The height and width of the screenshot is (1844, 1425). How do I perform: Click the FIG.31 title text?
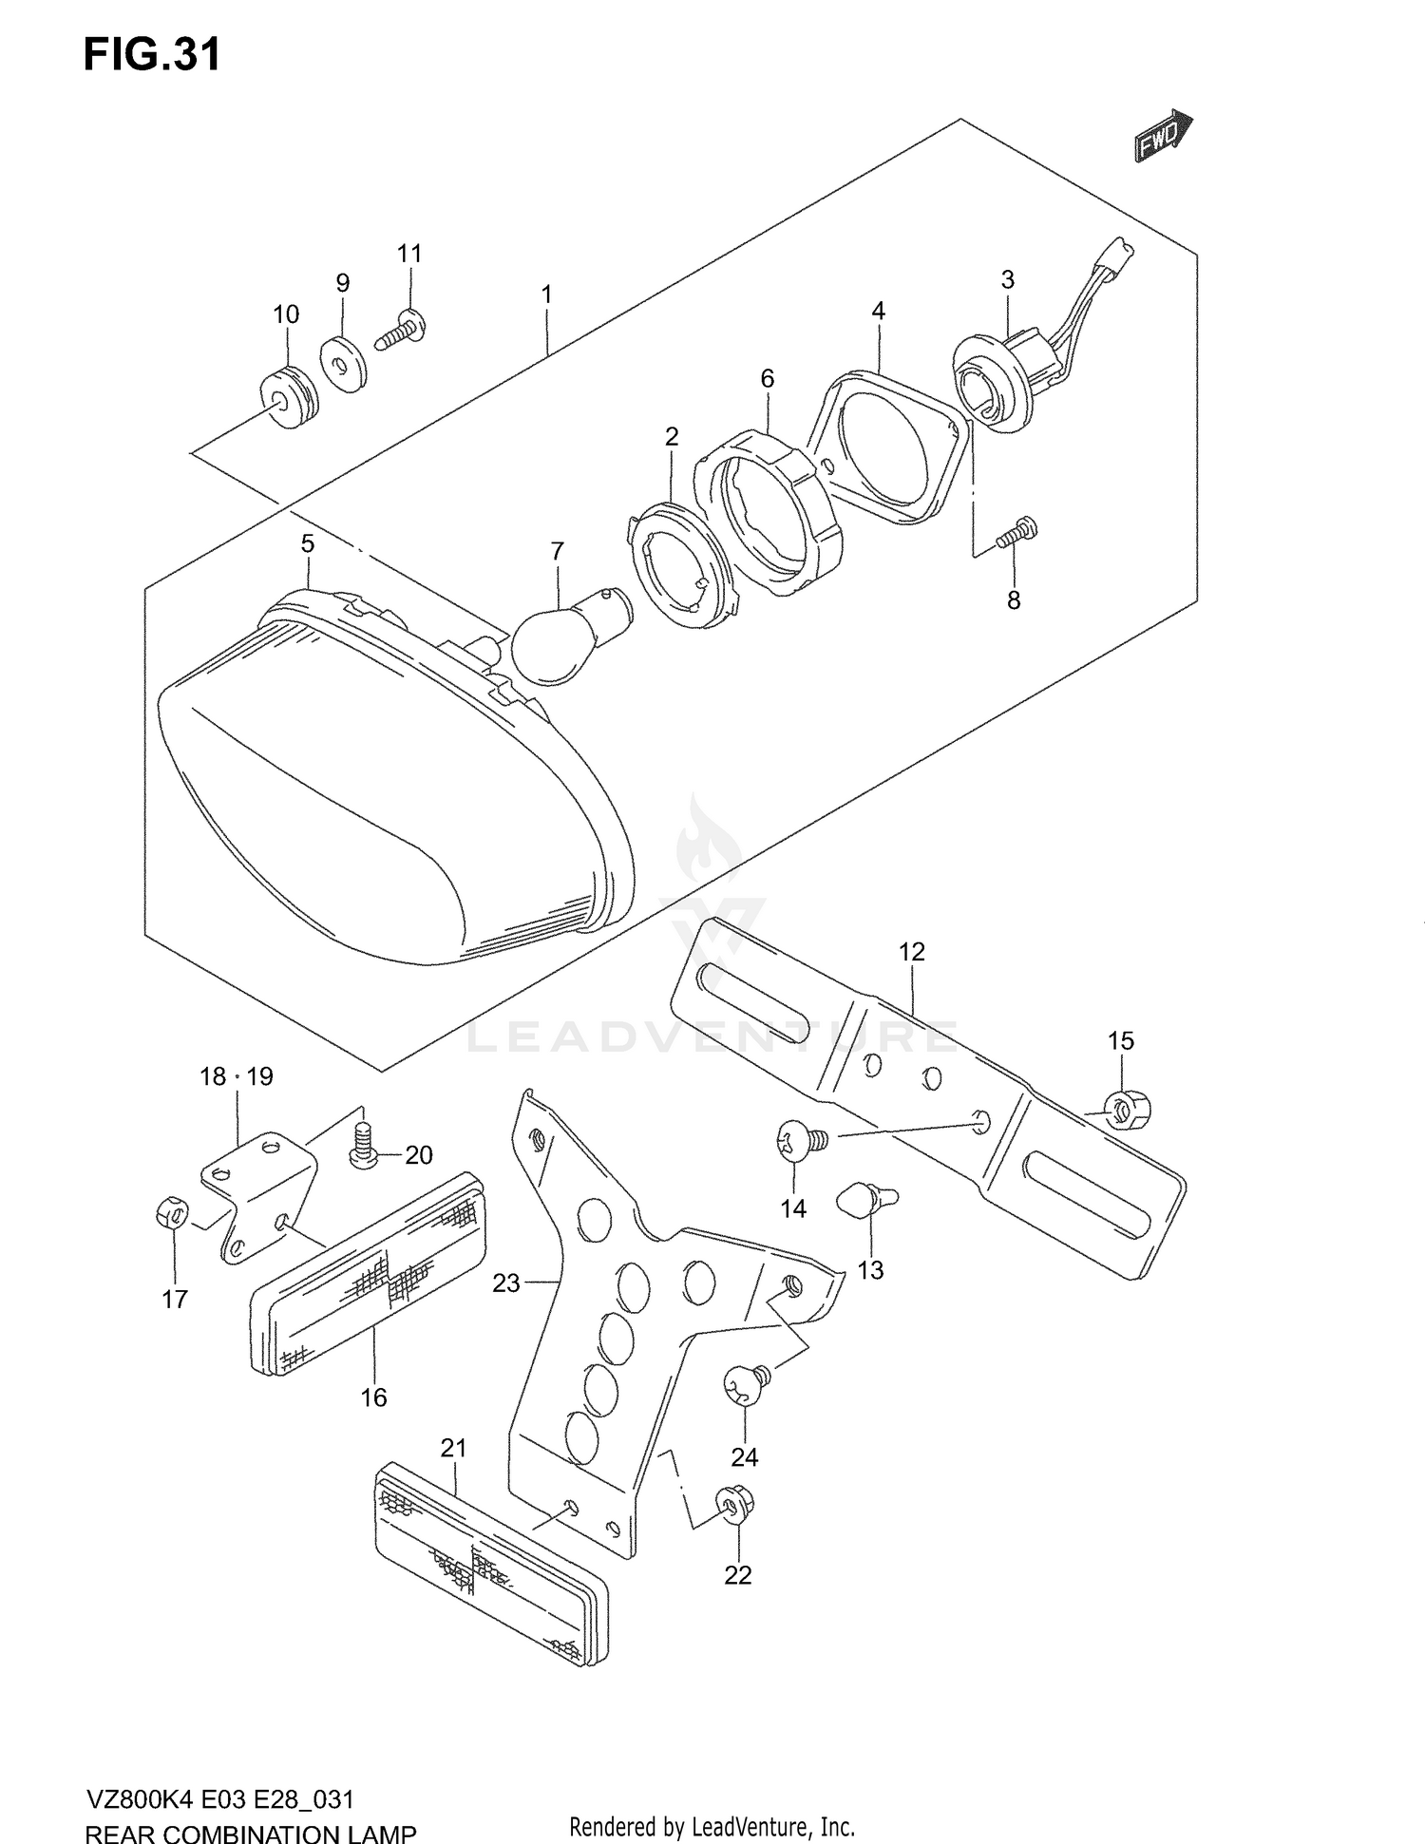click(152, 55)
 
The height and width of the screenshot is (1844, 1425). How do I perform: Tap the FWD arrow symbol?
click(1162, 136)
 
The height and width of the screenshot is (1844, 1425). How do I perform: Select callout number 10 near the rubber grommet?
click(286, 314)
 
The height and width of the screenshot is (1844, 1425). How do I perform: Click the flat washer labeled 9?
click(348, 364)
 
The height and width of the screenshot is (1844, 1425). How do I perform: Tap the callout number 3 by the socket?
click(1008, 279)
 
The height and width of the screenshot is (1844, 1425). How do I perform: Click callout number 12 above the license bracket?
click(911, 952)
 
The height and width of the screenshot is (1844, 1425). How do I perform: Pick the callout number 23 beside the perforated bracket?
click(506, 1283)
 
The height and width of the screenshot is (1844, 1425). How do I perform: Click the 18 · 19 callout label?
click(237, 1076)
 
